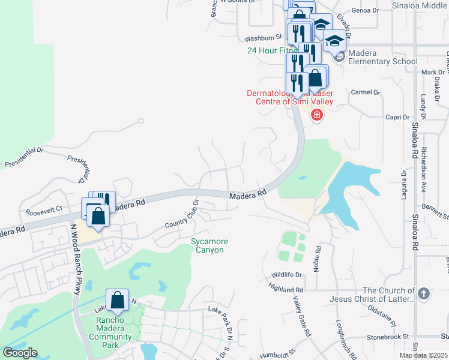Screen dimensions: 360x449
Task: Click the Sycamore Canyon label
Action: pyautogui.click(x=209, y=245)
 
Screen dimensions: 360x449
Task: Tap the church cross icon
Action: pyautogui.click(x=424, y=293)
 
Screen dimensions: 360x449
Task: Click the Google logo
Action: pyautogui.click(x=20, y=353)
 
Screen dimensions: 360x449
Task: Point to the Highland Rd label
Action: pyautogui.click(x=287, y=289)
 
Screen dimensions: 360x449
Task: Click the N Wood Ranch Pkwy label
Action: pyautogui.click(x=76, y=259)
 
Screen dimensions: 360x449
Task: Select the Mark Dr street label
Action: pyautogui.click(x=432, y=73)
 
